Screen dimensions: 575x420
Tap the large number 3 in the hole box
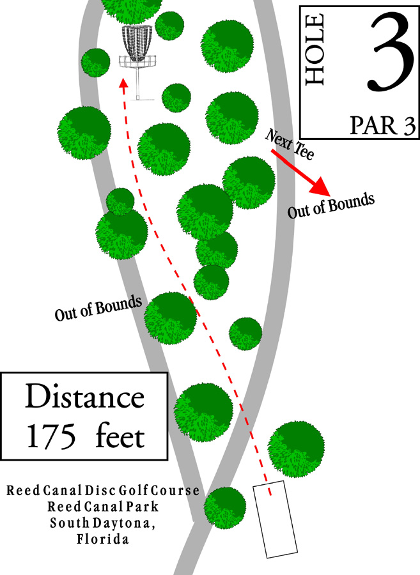click(387, 52)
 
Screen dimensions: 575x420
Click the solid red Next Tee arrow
click(300, 172)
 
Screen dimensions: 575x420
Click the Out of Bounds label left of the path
click(98, 308)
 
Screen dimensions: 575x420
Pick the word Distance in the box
click(84, 397)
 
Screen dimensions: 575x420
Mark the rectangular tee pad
click(276, 519)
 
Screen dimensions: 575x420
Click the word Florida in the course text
click(103, 540)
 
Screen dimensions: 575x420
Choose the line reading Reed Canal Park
click(102, 508)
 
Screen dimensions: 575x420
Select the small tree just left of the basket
click(95, 61)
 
